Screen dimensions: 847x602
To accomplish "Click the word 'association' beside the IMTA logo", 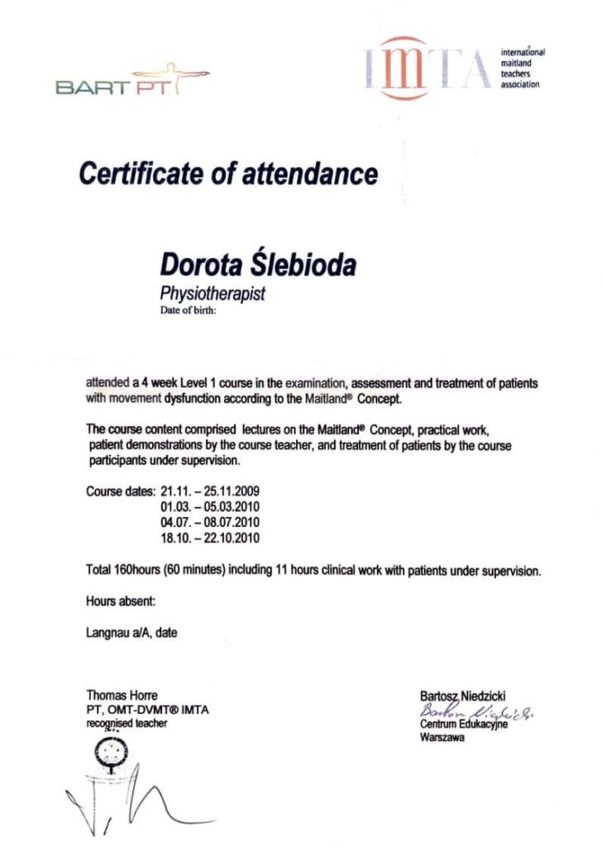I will (520, 84).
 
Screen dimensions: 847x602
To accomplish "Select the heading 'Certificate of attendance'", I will (228, 175).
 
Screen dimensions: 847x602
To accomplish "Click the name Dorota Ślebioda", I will (259, 266).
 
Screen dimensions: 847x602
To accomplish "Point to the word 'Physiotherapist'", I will (212, 294).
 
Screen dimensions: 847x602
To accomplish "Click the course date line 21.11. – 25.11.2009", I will (216, 492).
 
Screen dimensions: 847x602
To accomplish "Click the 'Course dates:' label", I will (121, 492).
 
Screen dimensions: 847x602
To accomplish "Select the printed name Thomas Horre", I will (122, 696).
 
